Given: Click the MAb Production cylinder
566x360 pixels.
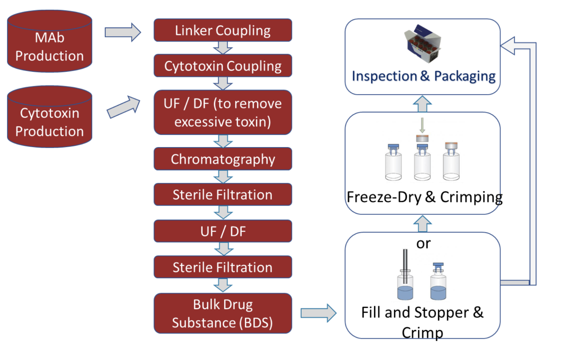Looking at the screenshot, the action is [50, 41].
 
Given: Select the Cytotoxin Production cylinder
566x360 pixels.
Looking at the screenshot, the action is [50, 117].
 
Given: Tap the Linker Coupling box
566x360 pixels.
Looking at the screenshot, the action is [223, 30].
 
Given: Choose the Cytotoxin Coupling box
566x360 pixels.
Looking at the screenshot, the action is [223, 66].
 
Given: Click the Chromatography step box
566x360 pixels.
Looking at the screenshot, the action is [223, 159].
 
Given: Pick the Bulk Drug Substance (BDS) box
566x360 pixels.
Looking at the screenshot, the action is [223, 313].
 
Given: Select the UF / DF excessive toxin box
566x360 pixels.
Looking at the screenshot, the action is [223, 112].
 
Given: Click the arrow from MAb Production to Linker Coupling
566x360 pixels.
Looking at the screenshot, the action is [123, 33].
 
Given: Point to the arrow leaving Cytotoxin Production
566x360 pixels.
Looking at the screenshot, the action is [123, 107].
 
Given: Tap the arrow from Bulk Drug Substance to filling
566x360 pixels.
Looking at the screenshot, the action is [319, 313].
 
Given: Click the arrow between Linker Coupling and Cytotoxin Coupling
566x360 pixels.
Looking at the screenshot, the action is [223, 48].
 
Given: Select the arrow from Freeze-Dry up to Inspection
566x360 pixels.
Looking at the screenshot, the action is [422, 104].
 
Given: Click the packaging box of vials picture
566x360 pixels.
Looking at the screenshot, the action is [422, 44].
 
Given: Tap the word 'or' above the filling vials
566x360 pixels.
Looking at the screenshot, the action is [423, 243].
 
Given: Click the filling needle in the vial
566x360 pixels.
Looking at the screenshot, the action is [405, 266].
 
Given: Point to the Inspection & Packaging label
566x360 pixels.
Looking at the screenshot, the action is [424, 76].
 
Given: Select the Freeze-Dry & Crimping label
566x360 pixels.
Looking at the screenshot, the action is [425, 197].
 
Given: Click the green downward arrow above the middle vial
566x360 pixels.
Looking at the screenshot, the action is [422, 125].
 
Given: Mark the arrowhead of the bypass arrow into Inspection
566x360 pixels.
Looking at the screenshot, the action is [507, 46].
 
